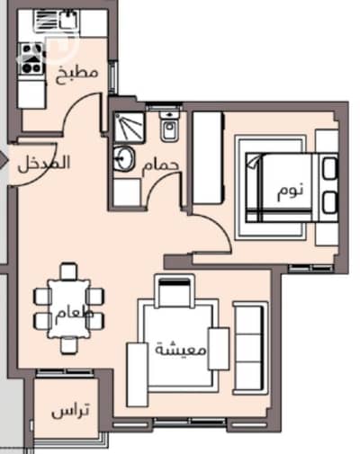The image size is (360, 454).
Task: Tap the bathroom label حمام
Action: point(161,165)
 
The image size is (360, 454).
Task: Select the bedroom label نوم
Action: point(290,191)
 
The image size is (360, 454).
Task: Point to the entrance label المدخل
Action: point(43,164)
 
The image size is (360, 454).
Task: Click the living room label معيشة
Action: point(181,350)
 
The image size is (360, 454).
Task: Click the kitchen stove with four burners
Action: point(31,58)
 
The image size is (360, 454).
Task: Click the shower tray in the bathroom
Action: point(129,127)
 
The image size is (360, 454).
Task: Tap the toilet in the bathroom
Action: point(170,126)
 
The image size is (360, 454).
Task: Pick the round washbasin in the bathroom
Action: point(123,159)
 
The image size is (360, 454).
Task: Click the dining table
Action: point(68,308)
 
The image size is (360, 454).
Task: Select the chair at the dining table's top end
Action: point(68,271)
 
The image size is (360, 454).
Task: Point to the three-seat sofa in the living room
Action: point(250,348)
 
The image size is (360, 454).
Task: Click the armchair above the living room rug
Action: point(175,290)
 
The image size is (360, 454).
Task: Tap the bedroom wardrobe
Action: point(208,158)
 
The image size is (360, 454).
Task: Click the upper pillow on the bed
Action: point(330,168)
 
